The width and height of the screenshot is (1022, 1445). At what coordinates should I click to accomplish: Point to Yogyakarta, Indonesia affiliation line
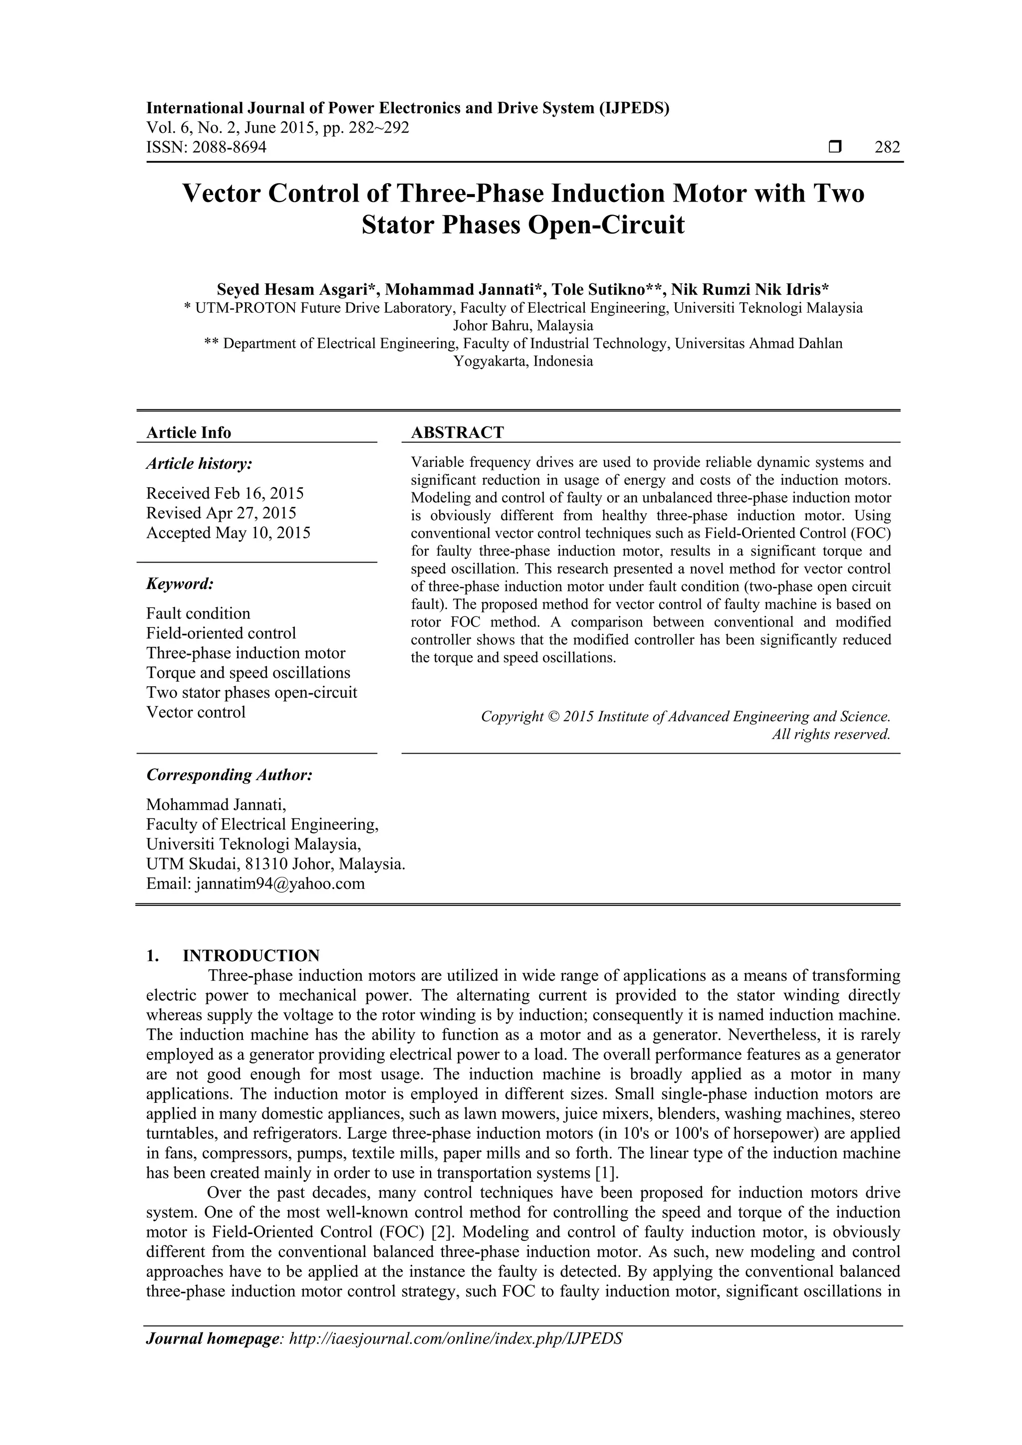tap(522, 361)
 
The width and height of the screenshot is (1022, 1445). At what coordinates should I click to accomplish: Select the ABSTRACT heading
tap(457, 432)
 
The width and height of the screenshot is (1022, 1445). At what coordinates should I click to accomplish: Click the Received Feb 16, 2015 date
tap(225, 493)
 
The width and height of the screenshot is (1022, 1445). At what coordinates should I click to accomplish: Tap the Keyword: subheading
tap(180, 584)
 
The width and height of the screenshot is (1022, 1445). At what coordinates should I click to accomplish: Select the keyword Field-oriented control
tap(221, 633)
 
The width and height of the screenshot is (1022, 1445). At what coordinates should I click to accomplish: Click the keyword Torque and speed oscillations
tap(248, 673)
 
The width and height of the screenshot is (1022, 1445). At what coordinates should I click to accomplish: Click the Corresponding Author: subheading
tap(229, 775)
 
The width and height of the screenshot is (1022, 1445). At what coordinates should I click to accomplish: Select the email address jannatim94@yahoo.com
tap(280, 884)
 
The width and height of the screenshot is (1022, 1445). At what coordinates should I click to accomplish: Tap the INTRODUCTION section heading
tap(251, 956)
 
